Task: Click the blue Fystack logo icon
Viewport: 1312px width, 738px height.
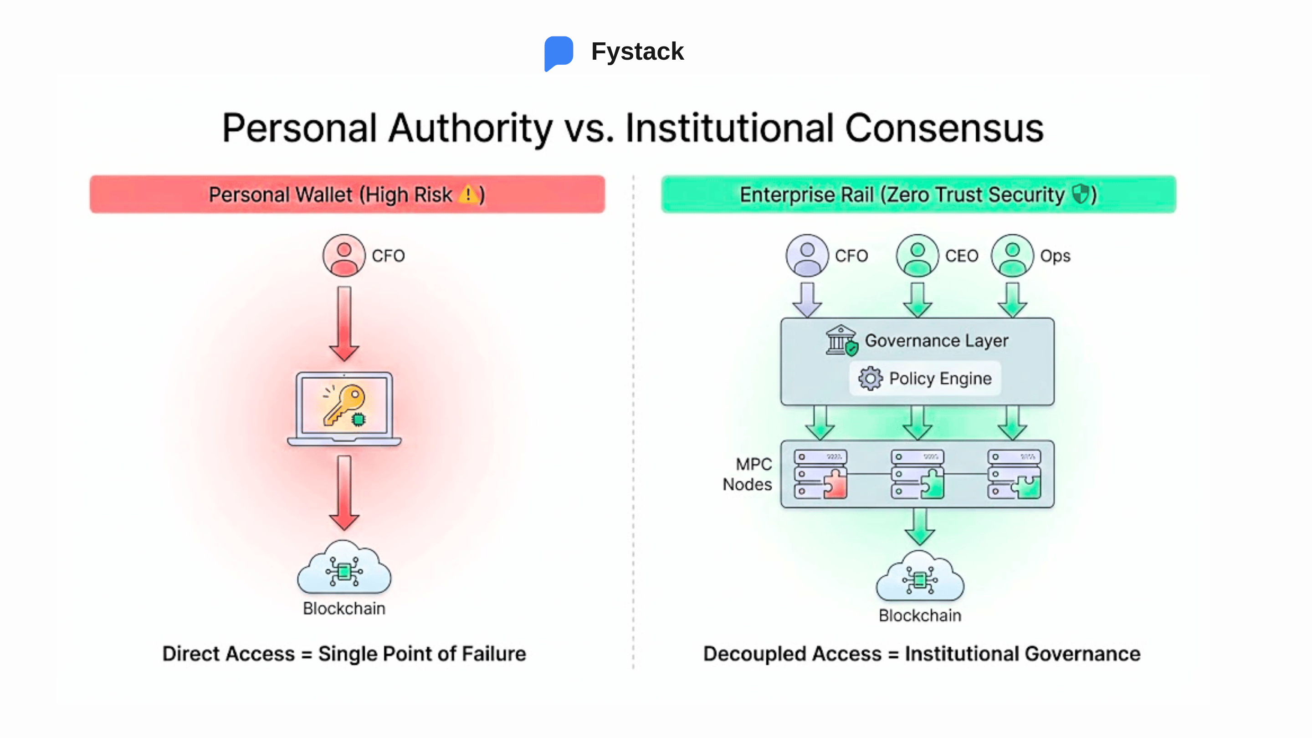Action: point(558,52)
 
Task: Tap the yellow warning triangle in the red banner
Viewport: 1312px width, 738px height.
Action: point(467,194)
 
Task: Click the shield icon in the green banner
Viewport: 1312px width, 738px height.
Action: point(1079,194)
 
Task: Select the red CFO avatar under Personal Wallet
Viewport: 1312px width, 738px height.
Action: point(344,255)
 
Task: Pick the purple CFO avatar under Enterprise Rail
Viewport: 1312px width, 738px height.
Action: point(807,255)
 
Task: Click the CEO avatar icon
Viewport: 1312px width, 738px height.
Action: point(917,255)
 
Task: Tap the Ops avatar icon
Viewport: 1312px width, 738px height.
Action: point(1012,255)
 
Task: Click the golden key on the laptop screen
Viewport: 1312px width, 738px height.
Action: point(344,405)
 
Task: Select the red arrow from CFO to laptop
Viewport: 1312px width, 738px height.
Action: point(344,323)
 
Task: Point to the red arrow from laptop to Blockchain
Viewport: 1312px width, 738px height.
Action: point(344,492)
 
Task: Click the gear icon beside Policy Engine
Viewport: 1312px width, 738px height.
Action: point(870,379)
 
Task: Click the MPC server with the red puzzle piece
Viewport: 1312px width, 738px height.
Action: point(820,474)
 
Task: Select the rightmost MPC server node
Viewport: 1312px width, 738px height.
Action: point(1014,474)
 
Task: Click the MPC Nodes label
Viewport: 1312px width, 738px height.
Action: point(747,474)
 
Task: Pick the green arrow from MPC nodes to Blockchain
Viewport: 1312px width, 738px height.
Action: point(919,527)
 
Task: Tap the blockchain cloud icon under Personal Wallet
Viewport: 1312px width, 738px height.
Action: point(344,569)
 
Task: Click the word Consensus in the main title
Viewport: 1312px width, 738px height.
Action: point(944,128)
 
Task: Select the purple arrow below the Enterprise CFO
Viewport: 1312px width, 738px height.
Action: point(807,299)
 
